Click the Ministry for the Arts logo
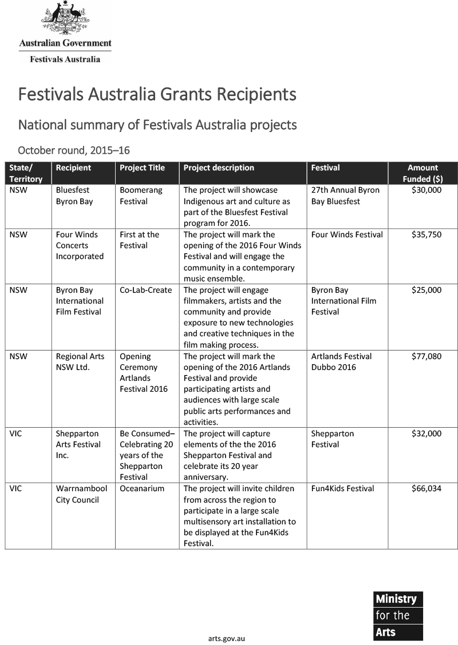click(x=398, y=615)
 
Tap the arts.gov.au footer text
click(x=227, y=638)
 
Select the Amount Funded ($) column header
click(x=423, y=173)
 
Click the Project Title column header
click(x=142, y=168)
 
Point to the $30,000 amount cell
click(x=427, y=190)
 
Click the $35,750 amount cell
click(x=427, y=234)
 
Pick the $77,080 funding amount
click(x=427, y=356)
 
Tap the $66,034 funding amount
click(x=427, y=488)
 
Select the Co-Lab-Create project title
click(x=146, y=290)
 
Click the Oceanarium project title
click(x=142, y=488)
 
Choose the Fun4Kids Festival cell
click(x=342, y=488)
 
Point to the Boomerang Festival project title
click(x=141, y=196)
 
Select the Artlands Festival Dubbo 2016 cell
click(x=341, y=361)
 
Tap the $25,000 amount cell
click(x=427, y=290)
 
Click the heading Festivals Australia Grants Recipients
click(x=157, y=94)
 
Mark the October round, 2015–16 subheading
click(x=74, y=150)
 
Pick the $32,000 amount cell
click(x=427, y=433)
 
